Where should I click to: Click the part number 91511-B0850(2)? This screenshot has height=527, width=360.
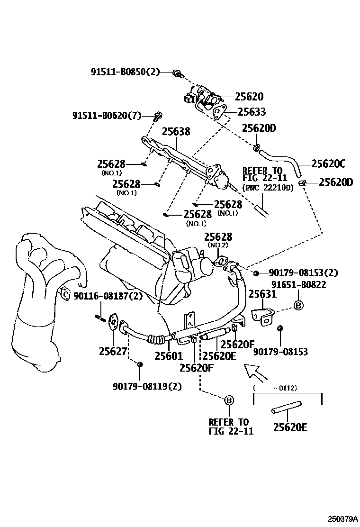tap(125, 72)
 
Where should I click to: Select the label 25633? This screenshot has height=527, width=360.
tap(252, 112)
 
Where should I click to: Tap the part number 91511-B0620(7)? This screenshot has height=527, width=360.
tap(107, 115)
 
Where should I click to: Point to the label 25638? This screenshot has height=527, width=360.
tap(176, 131)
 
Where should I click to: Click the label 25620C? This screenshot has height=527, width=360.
tap(328, 164)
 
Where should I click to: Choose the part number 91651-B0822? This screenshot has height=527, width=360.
tap(298, 284)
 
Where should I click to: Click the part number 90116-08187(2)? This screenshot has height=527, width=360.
tap(108, 296)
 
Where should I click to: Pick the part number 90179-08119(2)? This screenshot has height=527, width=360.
tap(147, 386)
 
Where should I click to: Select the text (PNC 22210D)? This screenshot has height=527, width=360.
tap(268, 188)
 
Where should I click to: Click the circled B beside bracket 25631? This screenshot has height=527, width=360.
tap(298, 306)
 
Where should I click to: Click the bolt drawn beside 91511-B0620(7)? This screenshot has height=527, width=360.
tap(158, 115)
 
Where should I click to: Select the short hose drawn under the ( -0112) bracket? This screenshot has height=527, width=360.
tap(286, 407)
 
